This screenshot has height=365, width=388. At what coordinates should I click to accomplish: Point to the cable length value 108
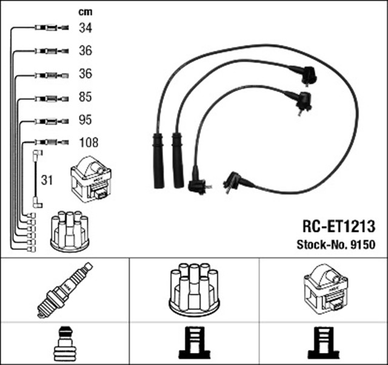click(x=88, y=143)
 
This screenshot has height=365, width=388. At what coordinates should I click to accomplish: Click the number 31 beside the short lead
click(x=47, y=179)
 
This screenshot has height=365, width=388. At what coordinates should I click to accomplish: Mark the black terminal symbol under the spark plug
click(x=64, y=344)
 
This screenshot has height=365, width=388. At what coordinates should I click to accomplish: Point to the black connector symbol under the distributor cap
click(x=194, y=344)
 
